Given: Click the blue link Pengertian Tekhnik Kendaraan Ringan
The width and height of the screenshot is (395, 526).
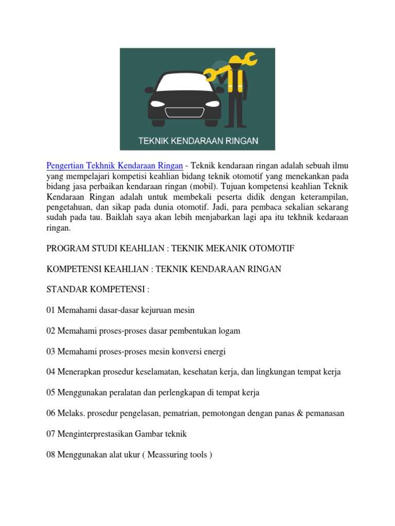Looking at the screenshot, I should click(x=114, y=166).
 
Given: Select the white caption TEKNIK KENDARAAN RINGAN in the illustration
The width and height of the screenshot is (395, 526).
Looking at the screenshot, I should click(x=197, y=140).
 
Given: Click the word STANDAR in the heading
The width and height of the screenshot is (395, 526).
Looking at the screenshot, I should click(x=64, y=290).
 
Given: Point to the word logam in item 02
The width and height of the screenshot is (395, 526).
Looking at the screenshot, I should click(x=228, y=331).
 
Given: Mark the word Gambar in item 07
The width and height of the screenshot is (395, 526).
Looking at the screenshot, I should click(x=150, y=434).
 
